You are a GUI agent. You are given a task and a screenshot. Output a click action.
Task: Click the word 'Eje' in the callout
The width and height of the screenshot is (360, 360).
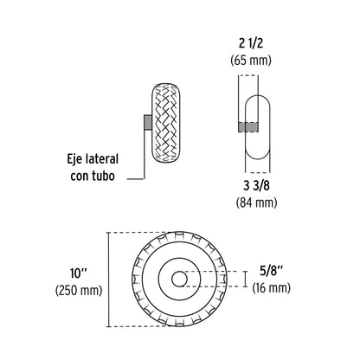78,159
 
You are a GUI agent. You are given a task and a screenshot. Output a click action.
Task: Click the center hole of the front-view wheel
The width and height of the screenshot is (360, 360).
179,279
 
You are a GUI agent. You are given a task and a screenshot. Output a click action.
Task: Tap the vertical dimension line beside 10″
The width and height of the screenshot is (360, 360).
108,279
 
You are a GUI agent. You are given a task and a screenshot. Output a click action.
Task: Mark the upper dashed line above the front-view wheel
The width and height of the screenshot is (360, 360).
147,233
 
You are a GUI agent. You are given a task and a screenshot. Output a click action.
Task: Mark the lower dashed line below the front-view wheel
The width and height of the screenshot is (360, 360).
147,325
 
